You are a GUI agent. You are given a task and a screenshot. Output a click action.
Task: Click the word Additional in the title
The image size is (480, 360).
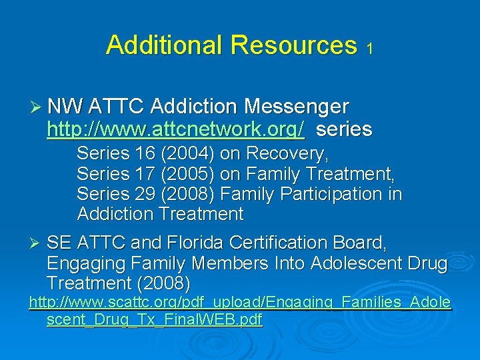click(x=165, y=45)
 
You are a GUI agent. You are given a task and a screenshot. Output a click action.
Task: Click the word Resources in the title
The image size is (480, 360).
click(x=293, y=45)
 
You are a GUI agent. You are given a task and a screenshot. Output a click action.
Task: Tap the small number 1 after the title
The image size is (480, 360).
click(x=369, y=49)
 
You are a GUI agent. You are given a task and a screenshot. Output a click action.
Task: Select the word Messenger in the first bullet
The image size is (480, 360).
click(x=297, y=107)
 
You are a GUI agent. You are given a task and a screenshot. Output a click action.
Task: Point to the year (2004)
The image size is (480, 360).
click(x=187, y=153)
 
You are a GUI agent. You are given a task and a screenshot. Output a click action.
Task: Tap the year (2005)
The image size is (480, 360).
click(x=187, y=173)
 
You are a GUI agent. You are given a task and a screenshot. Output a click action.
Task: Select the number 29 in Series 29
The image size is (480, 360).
click(x=145, y=193)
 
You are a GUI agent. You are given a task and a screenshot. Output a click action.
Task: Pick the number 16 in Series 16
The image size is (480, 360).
click(x=145, y=153)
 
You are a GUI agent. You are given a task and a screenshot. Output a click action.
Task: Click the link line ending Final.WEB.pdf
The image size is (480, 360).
click(x=155, y=320)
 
